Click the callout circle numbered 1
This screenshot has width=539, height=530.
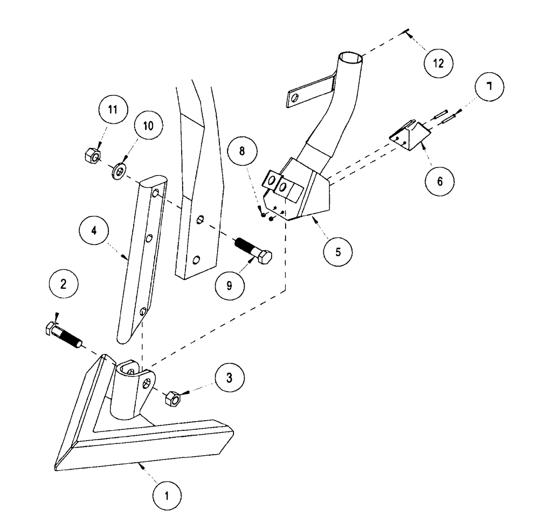(x=167, y=494)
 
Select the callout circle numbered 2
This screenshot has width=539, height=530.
(x=64, y=284)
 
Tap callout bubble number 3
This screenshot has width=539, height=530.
(x=229, y=378)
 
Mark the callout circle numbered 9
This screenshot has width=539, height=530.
(x=229, y=285)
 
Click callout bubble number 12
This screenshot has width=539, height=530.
(x=438, y=63)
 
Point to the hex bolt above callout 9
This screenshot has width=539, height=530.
(x=254, y=252)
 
